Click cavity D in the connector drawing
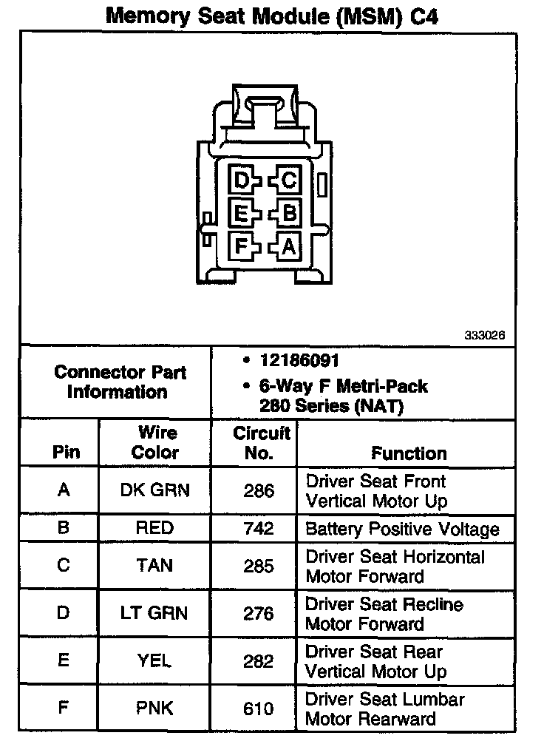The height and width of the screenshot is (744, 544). click(241, 180)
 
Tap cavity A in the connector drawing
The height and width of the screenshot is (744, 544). click(288, 246)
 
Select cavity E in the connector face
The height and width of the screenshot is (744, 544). click(241, 214)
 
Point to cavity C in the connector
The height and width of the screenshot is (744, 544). click(288, 180)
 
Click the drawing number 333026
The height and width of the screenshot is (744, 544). click(485, 335)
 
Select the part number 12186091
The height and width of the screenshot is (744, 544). click(299, 361)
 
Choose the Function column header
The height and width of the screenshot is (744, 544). click(409, 453)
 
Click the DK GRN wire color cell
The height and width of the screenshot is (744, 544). click(155, 490)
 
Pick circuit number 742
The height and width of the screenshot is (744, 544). click(259, 529)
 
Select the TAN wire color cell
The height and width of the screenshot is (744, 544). click(155, 566)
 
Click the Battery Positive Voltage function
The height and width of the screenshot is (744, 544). click(402, 529)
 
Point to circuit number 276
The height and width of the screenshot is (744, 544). click(259, 613)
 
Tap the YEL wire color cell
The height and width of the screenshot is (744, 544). click(155, 660)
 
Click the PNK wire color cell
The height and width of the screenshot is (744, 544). click(155, 708)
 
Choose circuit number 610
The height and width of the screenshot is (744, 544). click(259, 708)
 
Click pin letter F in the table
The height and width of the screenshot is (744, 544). click(64, 708)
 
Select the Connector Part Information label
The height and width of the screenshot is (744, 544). click(120, 382)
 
